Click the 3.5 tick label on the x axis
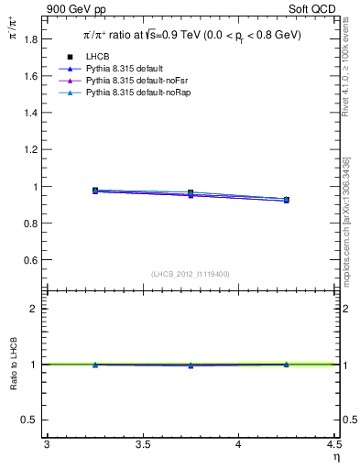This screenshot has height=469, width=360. [x=142, y=445]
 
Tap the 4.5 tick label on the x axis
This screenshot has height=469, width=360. [x=333, y=445]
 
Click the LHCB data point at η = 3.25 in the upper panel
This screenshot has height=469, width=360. [x=95, y=191]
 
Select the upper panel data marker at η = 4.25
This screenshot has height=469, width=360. [x=287, y=200]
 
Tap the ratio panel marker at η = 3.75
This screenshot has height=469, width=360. [x=191, y=365]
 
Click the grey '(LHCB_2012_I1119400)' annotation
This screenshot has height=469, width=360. [x=191, y=274]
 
